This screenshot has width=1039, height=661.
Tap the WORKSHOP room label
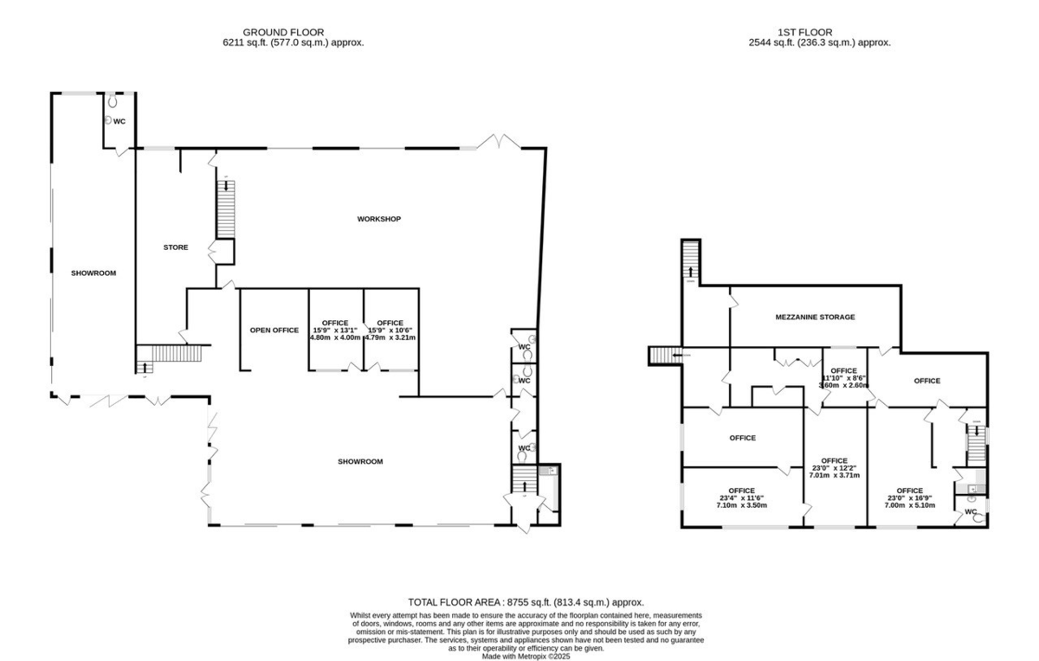[379, 219]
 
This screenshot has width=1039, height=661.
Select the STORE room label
[176, 247]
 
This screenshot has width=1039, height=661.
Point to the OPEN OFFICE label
[274, 330]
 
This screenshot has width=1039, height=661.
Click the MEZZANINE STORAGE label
[815, 317]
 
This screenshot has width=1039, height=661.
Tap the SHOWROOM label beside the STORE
[94, 273]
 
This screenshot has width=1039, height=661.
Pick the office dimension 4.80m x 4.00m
[335, 337]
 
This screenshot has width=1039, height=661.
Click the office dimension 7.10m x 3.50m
[741, 505]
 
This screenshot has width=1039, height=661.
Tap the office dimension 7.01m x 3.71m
[834, 475]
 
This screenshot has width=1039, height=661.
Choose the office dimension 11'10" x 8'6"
[843, 377]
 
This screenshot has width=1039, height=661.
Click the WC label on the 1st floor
[970, 511]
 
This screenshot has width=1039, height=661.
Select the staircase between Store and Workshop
[224, 206]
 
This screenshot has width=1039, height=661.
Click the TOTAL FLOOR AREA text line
[526, 601]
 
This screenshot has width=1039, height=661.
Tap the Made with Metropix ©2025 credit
[526, 657]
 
